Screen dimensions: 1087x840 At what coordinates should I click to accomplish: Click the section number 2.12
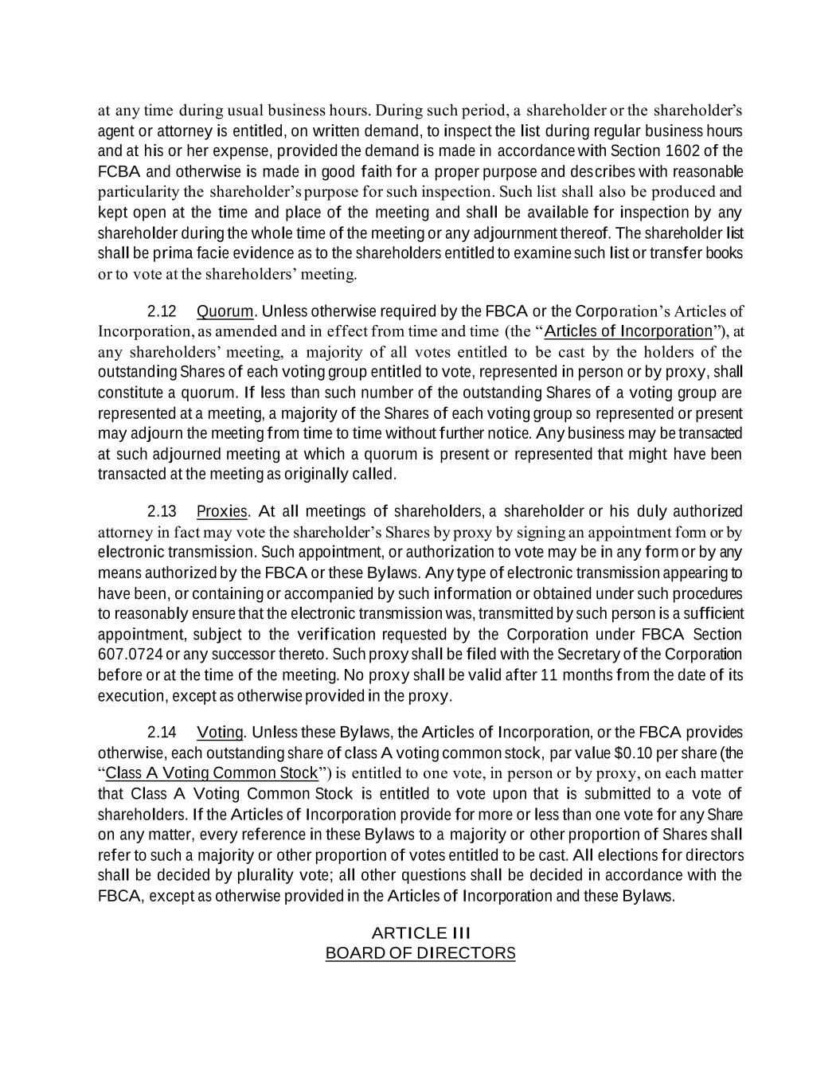[x=162, y=311]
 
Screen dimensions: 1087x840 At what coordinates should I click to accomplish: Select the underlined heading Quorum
[x=225, y=311]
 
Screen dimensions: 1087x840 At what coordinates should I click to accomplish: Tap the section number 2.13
[x=162, y=511]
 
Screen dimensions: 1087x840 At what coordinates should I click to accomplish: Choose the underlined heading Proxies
[x=223, y=511]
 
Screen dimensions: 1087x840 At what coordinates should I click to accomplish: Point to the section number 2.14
[x=162, y=733]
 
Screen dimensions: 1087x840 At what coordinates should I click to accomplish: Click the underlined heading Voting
[x=220, y=733]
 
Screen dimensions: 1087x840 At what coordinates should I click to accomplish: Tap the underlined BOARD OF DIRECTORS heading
[x=420, y=953]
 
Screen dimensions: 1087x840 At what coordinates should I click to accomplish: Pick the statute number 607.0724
[x=129, y=655]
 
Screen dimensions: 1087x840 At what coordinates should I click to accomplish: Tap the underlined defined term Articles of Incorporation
[x=629, y=331]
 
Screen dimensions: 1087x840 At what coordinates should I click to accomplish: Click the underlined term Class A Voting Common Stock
[x=212, y=773]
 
